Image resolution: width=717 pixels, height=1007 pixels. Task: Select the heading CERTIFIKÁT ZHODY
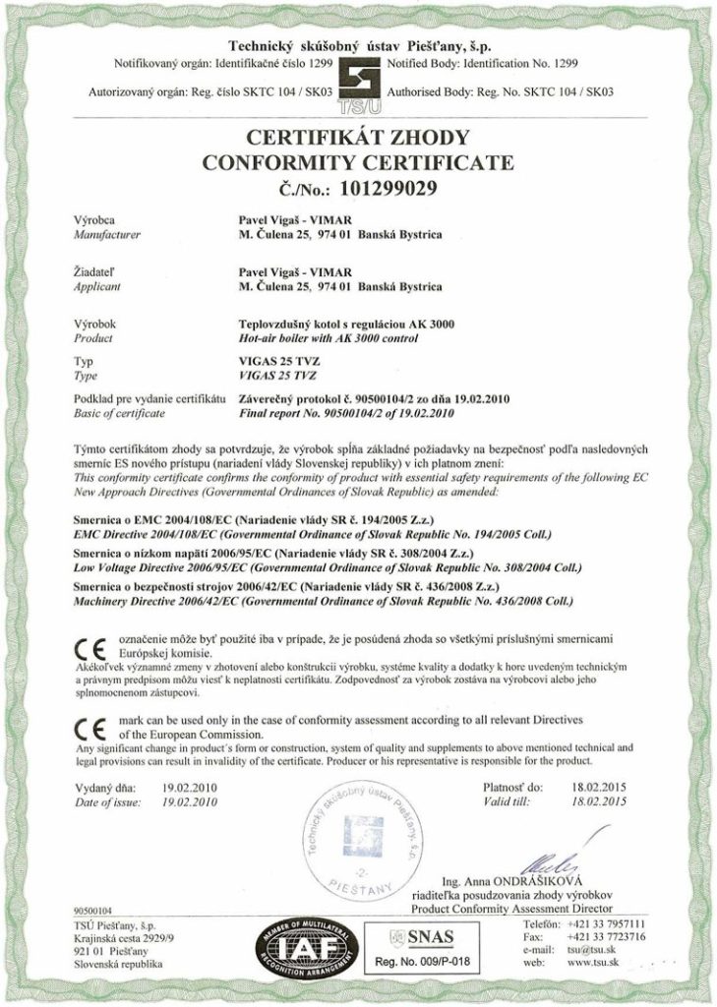[357, 138]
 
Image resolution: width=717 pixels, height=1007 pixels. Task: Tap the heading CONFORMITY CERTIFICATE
[357, 161]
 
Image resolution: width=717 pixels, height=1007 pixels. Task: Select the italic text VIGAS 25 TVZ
[279, 375]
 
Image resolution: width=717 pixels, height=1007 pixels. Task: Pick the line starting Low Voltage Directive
[312, 568]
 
